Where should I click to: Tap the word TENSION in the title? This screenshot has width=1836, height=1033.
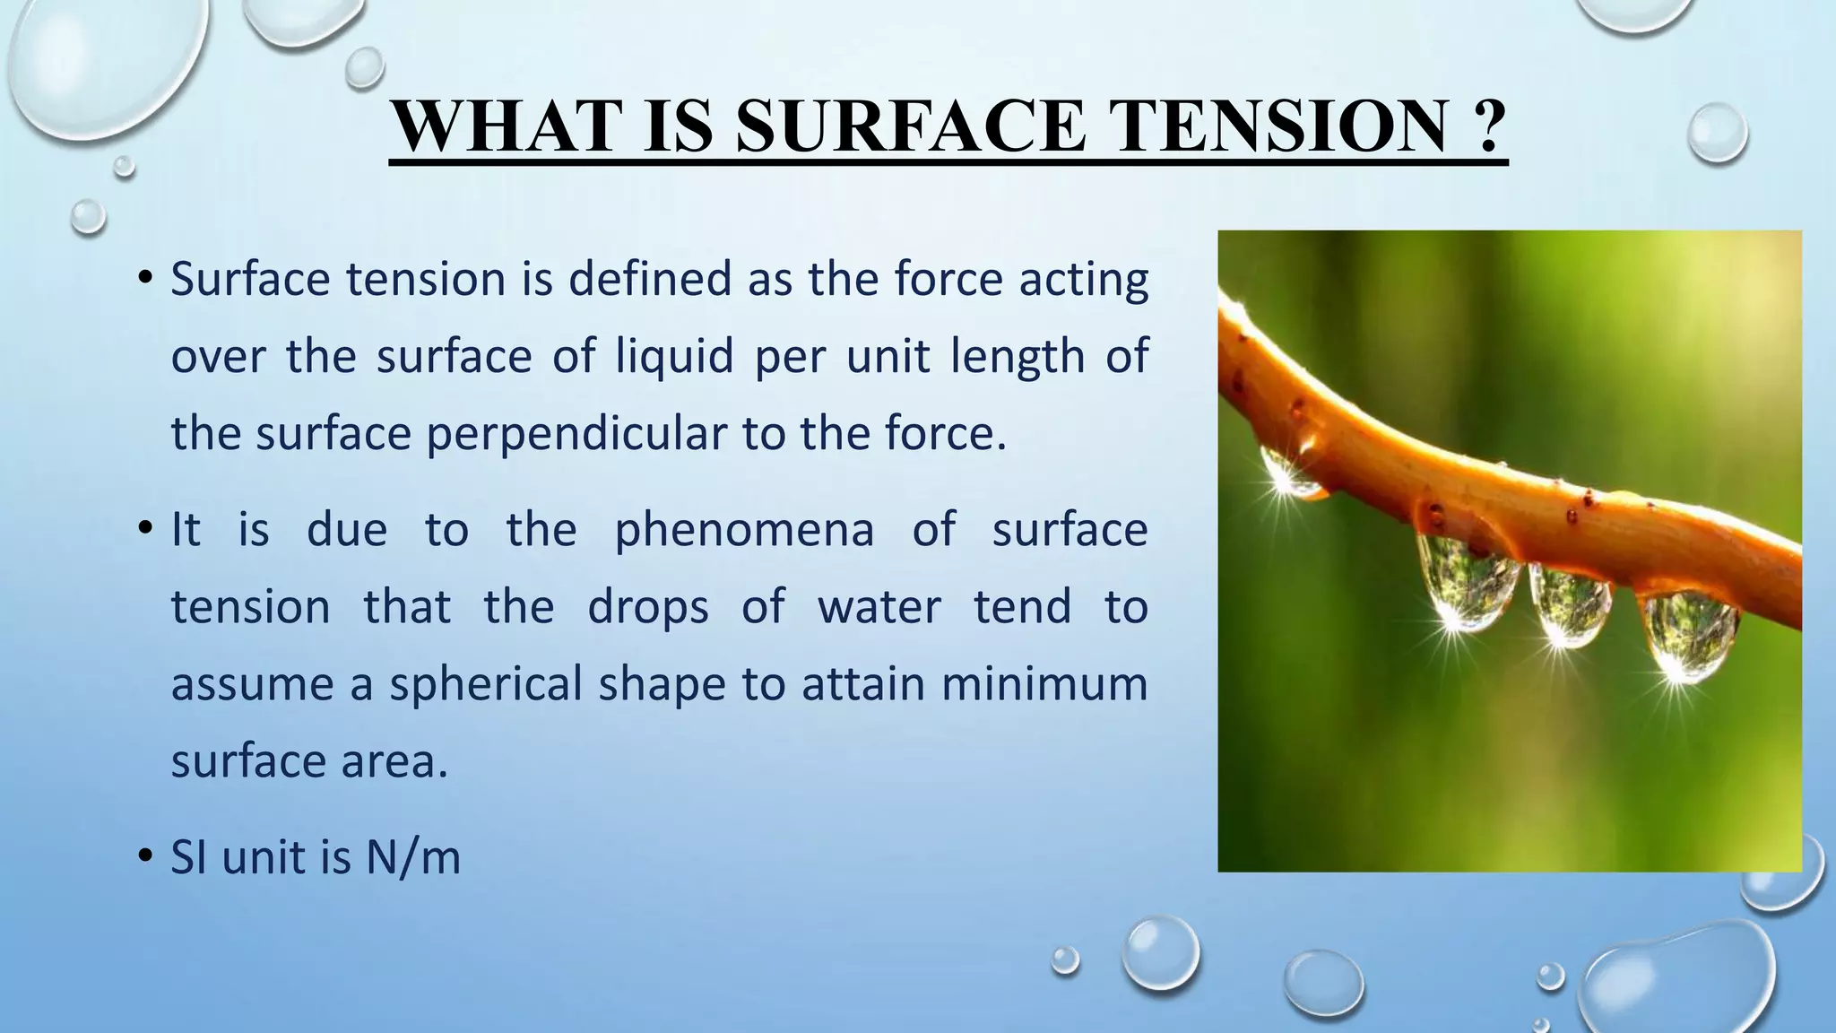click(x=1273, y=126)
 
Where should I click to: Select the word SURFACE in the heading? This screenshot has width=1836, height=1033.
click(x=910, y=126)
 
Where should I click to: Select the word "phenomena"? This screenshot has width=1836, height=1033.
click(x=744, y=529)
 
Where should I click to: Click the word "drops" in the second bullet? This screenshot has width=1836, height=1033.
click(x=648, y=606)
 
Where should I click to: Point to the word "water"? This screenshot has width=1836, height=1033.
click(x=879, y=606)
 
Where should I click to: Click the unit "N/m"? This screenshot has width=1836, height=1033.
click(x=413, y=857)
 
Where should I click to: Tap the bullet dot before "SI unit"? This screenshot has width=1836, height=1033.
click(x=143, y=856)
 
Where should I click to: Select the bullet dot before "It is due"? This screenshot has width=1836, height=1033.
click(x=143, y=528)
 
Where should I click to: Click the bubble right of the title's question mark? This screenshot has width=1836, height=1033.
click(x=1717, y=133)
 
